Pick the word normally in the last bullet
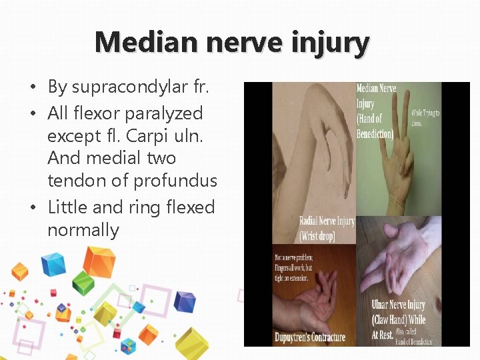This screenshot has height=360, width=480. point(83,231)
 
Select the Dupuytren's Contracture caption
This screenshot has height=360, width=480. point(310,337)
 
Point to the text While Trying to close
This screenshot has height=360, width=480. point(425,119)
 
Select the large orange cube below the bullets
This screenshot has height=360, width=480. point(99,262)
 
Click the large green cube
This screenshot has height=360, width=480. point(83,283)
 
